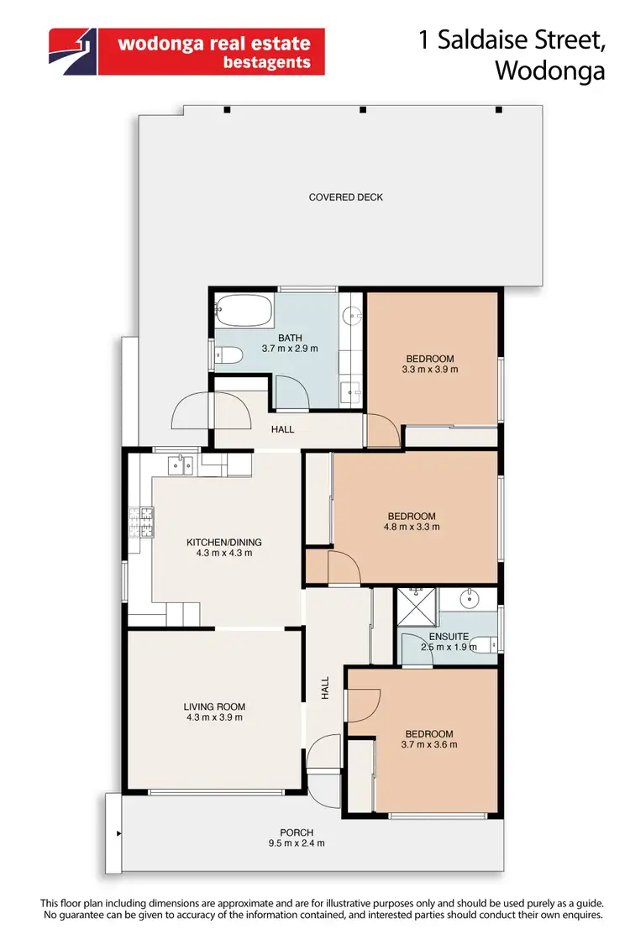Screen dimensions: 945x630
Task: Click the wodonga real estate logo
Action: [186, 52]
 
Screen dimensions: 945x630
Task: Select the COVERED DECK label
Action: [345, 197]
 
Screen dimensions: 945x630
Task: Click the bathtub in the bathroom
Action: [244, 312]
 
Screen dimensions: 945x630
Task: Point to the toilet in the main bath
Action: [228, 356]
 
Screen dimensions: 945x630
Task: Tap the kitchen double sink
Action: [180, 463]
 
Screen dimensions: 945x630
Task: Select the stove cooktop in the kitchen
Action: [140, 523]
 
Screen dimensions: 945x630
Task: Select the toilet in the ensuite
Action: [482, 644]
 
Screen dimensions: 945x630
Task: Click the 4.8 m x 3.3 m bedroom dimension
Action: [412, 528]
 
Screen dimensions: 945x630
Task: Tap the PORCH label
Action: [297, 832]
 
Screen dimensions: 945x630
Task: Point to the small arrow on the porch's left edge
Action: [120, 834]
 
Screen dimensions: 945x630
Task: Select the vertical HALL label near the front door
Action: [324, 689]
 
